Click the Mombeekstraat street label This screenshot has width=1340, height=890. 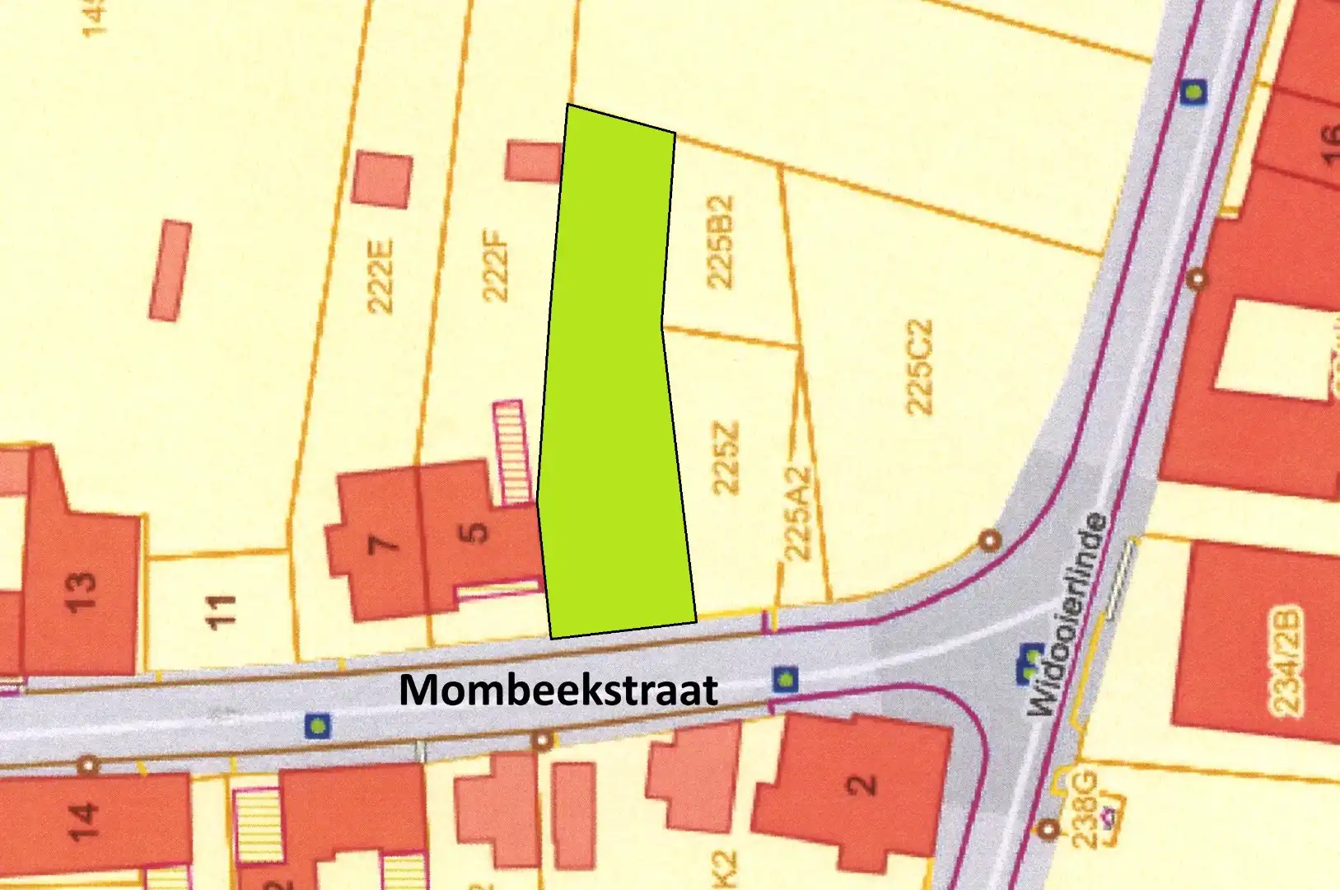(x=558, y=690)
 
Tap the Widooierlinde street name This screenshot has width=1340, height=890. (x=1067, y=614)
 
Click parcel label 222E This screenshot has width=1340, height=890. (x=381, y=276)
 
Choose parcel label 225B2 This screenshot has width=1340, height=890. (x=721, y=241)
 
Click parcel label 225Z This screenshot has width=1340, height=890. (x=726, y=457)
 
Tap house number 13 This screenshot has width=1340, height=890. (x=80, y=590)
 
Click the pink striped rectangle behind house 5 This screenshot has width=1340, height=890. (x=511, y=452)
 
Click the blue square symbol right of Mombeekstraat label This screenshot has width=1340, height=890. (x=786, y=680)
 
